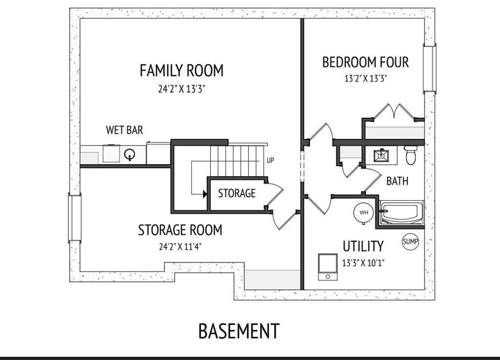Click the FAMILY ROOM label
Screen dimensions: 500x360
(x=182, y=70)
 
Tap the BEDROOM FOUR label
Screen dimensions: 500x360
(x=365, y=62)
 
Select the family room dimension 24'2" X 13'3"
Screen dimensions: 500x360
(x=182, y=88)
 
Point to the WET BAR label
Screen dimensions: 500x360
(x=125, y=130)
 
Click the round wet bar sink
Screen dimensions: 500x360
(x=130, y=154)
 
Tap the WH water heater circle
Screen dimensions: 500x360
(x=363, y=212)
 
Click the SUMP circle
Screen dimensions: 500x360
(x=410, y=241)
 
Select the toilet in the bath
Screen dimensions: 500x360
(x=411, y=155)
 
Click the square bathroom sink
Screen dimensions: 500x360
(x=381, y=156)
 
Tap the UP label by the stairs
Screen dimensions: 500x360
(x=270, y=160)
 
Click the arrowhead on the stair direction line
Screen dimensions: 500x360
(x=205, y=193)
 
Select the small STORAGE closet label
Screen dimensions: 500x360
(x=237, y=193)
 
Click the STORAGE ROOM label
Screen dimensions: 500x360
(x=180, y=230)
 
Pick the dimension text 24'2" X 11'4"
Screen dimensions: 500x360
(x=180, y=247)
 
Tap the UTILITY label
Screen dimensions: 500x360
(x=363, y=246)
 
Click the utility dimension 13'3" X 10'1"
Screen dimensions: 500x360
(x=363, y=263)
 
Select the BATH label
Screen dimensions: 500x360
(x=397, y=181)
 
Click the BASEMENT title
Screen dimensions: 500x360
(x=239, y=331)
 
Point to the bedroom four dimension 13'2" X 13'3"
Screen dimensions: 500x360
(x=366, y=79)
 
